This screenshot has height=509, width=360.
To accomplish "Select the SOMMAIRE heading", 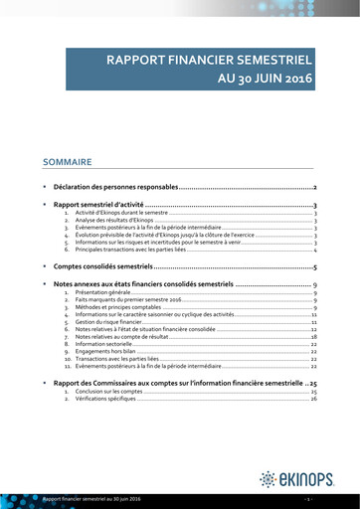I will click(x=67, y=161).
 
